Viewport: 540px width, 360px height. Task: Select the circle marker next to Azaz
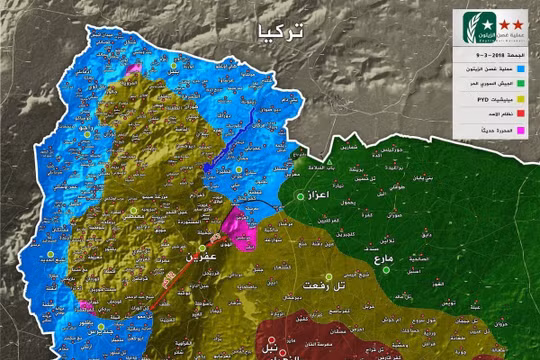(x=300, y=197)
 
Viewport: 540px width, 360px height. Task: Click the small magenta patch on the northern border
(x=133, y=68)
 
